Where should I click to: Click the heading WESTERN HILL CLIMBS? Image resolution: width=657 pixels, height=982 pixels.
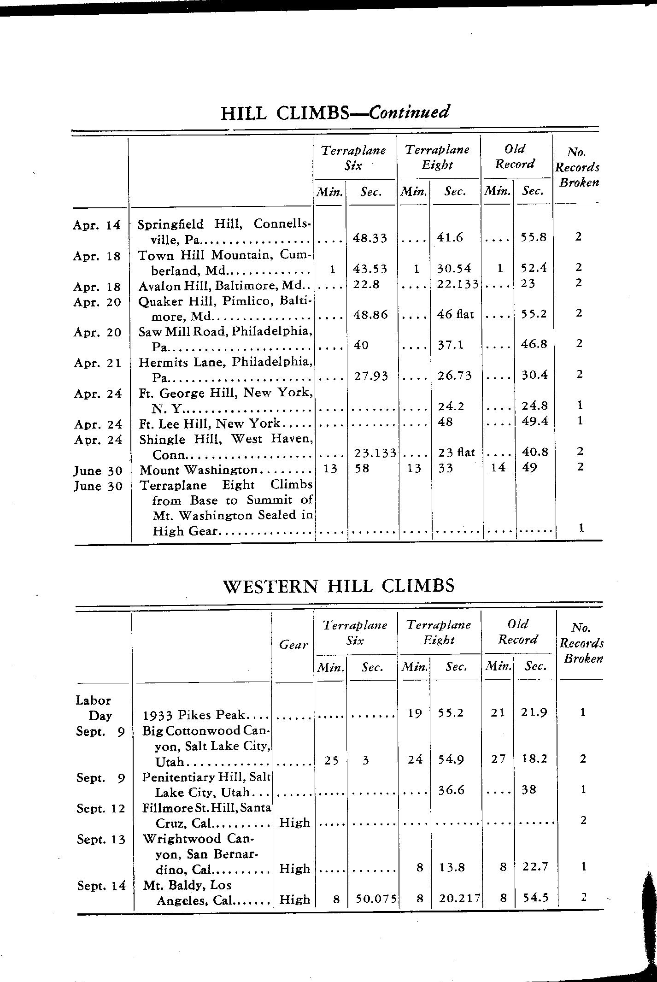339,586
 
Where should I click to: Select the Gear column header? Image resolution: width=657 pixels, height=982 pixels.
293,645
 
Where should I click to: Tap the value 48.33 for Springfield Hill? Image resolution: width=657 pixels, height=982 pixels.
370,238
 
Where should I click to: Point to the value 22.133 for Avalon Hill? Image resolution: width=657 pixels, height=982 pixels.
458,284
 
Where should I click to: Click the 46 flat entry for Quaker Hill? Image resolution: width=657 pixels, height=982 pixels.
455,315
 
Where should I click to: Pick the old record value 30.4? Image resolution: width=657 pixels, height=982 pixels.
534,375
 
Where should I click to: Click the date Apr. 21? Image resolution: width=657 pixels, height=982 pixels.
97,363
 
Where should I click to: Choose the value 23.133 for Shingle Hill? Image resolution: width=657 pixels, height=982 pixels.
375,453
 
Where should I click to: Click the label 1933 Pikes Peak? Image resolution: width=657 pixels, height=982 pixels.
195,715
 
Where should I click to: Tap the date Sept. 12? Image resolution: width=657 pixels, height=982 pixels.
101,808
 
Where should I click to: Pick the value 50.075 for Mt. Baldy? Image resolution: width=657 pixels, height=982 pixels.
374,899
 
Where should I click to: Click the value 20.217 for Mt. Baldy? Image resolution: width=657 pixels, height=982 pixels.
458,899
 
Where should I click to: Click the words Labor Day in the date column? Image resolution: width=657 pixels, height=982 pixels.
94,708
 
